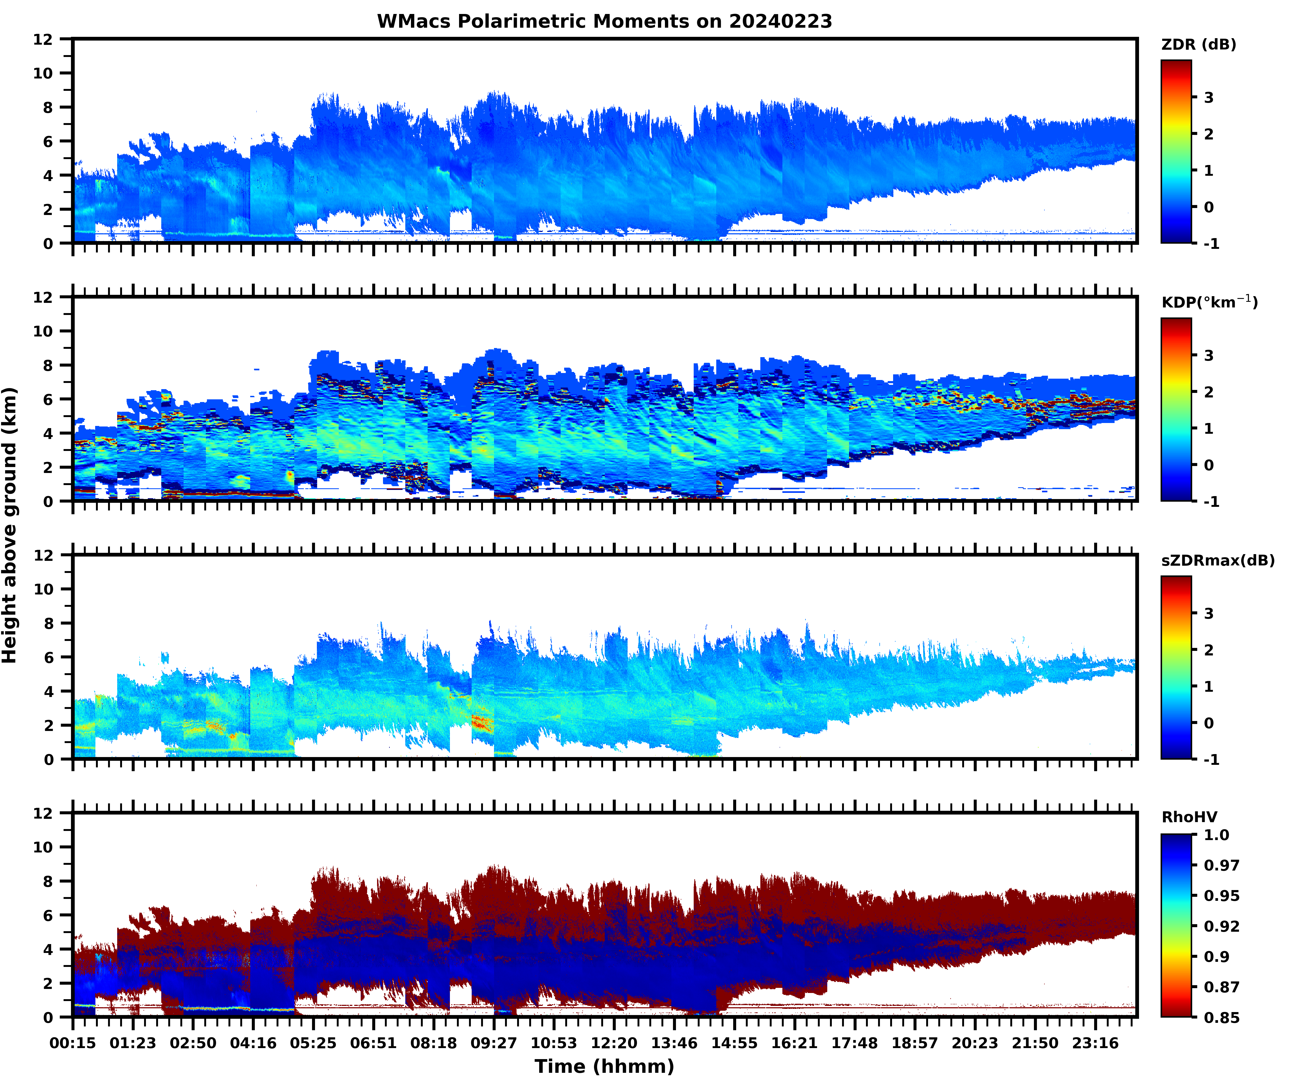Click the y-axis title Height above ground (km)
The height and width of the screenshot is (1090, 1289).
(x=10, y=525)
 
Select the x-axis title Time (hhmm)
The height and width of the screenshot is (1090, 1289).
(x=604, y=1066)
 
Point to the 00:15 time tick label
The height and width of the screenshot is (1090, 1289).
(x=73, y=1043)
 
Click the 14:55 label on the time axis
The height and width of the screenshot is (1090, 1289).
(x=734, y=1043)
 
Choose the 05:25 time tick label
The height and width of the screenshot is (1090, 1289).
(x=313, y=1043)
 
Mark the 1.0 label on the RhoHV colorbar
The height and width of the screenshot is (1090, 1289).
(x=1216, y=835)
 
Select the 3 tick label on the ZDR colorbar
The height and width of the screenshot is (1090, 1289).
(x=1209, y=98)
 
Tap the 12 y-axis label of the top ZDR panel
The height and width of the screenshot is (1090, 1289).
(x=43, y=39)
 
